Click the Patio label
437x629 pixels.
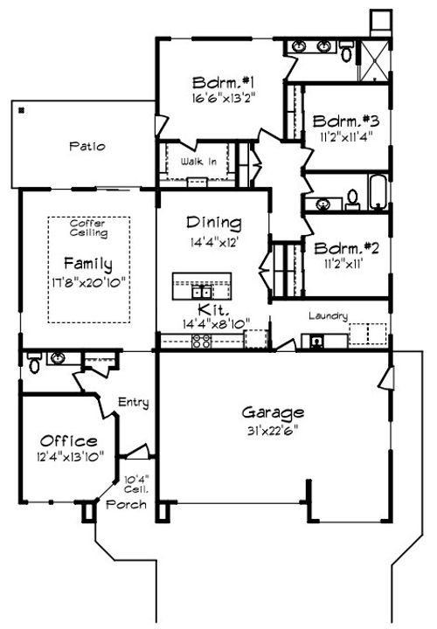coord(88,147)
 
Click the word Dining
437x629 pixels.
coord(214,224)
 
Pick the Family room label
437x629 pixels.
coord(87,263)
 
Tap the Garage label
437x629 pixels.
coord(273,412)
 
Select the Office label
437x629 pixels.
coord(68,441)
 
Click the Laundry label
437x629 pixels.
coord(329,316)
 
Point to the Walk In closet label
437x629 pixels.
coord(198,162)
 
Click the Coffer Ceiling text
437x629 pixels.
coord(88,229)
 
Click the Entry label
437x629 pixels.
coord(134,403)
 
